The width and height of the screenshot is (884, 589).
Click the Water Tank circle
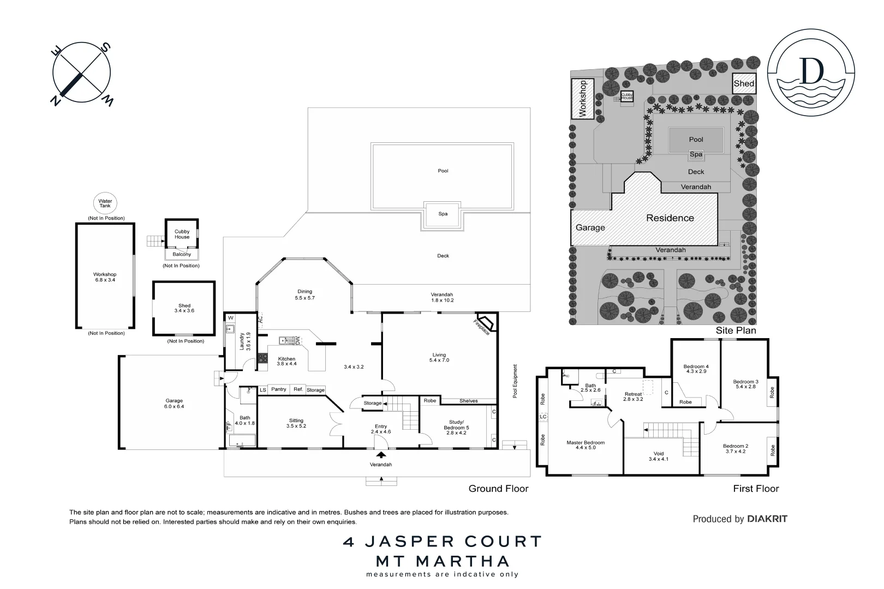click(105, 203)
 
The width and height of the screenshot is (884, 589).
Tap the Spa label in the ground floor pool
click(443, 214)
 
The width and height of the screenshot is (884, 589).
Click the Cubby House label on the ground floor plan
click(182, 235)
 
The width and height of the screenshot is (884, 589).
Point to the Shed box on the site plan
click(744, 83)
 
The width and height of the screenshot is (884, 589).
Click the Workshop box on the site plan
click(582, 99)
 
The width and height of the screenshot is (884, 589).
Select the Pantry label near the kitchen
click(278, 389)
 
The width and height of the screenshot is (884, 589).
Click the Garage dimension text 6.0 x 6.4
click(174, 406)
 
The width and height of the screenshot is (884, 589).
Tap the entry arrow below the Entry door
click(381, 454)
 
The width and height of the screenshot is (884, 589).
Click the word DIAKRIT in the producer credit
click(767, 519)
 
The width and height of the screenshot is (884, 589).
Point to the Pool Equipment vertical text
click(515, 381)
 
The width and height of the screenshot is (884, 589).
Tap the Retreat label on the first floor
click(633, 394)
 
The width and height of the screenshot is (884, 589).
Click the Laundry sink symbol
click(230, 329)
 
